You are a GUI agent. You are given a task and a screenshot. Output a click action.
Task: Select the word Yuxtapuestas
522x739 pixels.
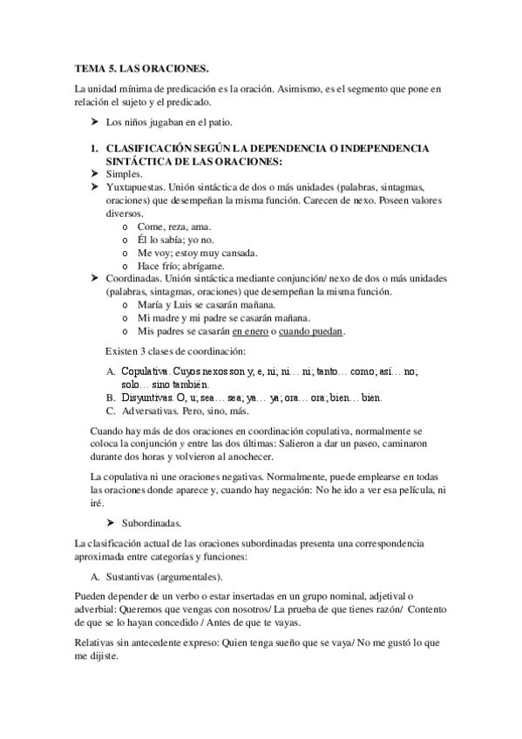(135, 187)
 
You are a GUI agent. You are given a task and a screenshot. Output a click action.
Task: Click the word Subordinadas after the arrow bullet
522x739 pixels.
(152, 524)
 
